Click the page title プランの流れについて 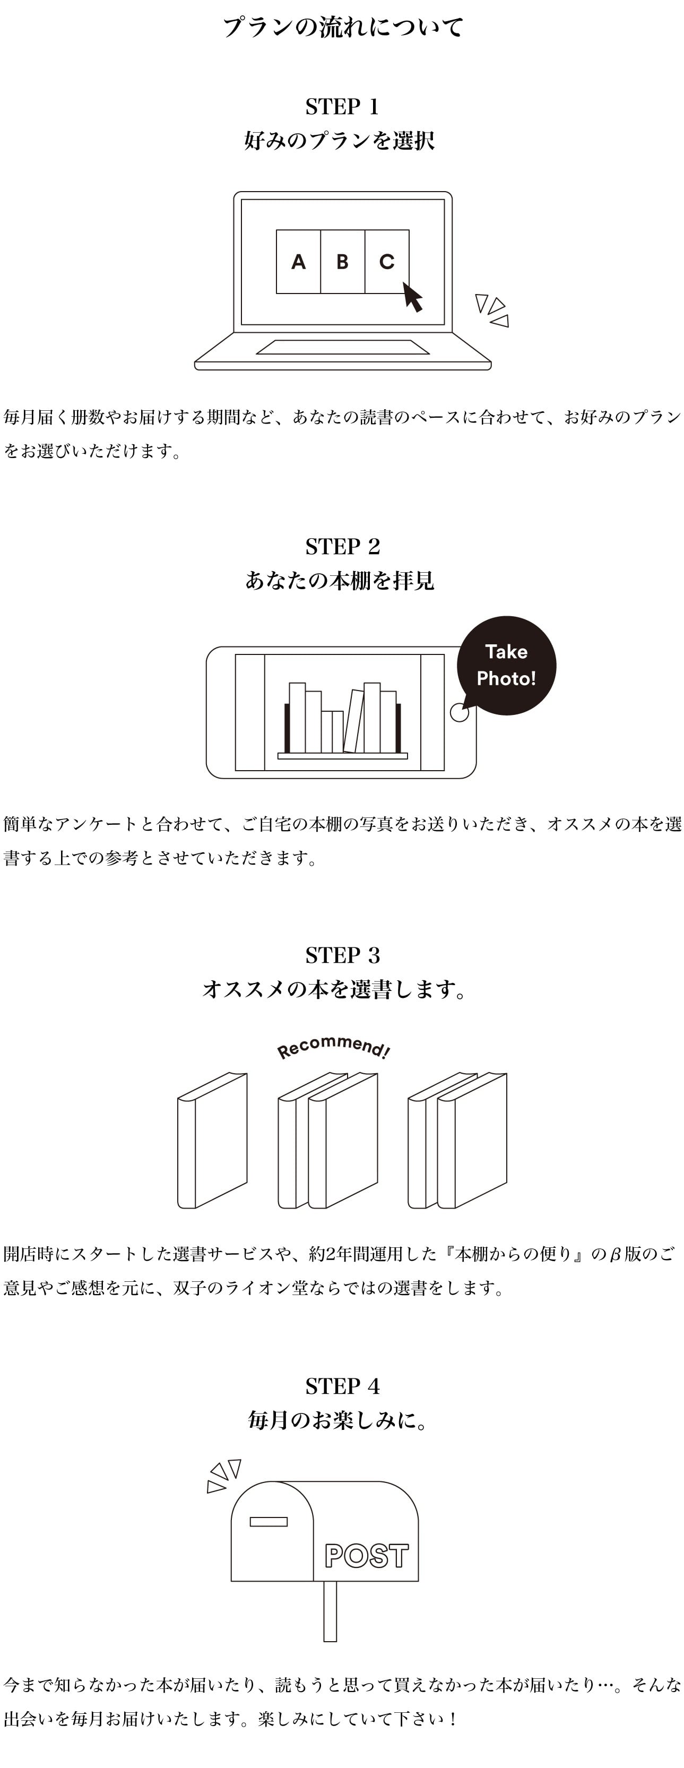[342, 28]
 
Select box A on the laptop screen [298, 262]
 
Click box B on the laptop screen [342, 262]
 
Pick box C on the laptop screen [387, 262]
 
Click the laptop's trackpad [342, 347]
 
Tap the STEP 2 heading [342, 546]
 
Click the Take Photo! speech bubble [506, 665]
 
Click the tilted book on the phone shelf [353, 721]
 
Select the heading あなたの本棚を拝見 [340, 581]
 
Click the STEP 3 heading [342, 955]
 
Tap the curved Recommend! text [333, 1047]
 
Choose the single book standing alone [212, 1141]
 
